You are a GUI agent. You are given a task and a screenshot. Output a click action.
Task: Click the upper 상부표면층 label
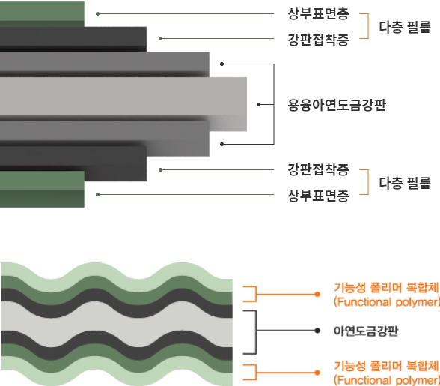(x=318, y=13)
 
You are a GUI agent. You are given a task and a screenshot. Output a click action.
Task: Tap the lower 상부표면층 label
(x=318, y=196)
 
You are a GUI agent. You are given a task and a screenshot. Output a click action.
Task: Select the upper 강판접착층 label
(x=318, y=40)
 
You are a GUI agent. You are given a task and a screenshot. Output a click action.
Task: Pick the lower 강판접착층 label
(x=318, y=169)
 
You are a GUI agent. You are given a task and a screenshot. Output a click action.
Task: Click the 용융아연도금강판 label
(x=337, y=105)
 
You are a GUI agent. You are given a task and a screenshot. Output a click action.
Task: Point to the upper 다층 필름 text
(x=405, y=27)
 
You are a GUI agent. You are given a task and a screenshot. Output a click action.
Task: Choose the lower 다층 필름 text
(x=405, y=183)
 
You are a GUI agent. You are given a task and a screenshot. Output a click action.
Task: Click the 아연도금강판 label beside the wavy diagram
(x=366, y=331)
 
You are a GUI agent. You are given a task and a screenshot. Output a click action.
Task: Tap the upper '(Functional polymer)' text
(x=387, y=302)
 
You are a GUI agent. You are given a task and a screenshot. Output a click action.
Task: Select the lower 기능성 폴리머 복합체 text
(x=386, y=366)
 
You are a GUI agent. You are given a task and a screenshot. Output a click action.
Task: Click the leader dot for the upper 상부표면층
(x=97, y=13)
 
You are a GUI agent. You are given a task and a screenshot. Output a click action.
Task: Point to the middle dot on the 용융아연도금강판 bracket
(x=258, y=105)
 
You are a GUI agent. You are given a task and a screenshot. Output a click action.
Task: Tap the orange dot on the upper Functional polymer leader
(x=317, y=294)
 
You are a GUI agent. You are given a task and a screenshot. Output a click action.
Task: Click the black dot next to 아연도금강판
(x=317, y=331)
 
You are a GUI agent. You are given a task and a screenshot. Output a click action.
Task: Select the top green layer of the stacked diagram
(x=42, y=14)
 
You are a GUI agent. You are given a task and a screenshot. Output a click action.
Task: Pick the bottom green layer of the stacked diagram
(x=42, y=189)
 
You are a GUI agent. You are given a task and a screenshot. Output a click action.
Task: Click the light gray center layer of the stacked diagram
(x=123, y=97)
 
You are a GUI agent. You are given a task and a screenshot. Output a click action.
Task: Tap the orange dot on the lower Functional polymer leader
(x=317, y=373)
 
